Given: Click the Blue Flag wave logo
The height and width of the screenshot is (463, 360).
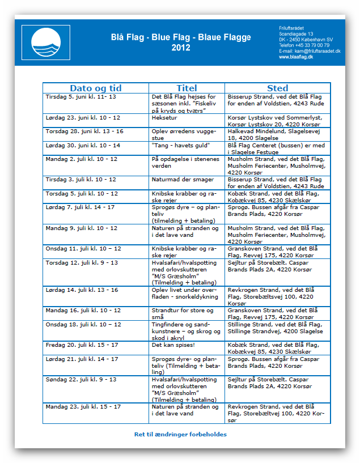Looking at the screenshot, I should pos(50,42).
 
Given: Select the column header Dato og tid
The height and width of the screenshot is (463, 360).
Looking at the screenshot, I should pos(95,88).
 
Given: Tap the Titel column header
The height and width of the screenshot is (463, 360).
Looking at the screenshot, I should pos(187,88).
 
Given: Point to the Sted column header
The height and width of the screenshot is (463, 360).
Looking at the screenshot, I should pos(277,88).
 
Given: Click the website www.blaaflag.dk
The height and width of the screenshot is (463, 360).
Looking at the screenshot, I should pos(297,57).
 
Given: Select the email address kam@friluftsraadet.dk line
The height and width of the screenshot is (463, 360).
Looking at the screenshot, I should pos(310,51).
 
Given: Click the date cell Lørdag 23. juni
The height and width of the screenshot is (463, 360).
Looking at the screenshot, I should pos(83,117).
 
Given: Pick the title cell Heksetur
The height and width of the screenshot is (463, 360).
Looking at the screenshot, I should pos(164,117).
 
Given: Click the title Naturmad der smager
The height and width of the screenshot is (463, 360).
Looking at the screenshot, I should pos(183,180).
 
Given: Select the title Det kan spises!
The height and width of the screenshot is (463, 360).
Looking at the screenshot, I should pos(173,345).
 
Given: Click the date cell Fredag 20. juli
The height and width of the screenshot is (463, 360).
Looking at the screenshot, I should pos(82,345).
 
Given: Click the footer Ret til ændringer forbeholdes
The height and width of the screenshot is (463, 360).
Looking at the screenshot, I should pos(180,434).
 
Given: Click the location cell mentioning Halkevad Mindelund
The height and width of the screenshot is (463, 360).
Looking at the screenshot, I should pos(277,134).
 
